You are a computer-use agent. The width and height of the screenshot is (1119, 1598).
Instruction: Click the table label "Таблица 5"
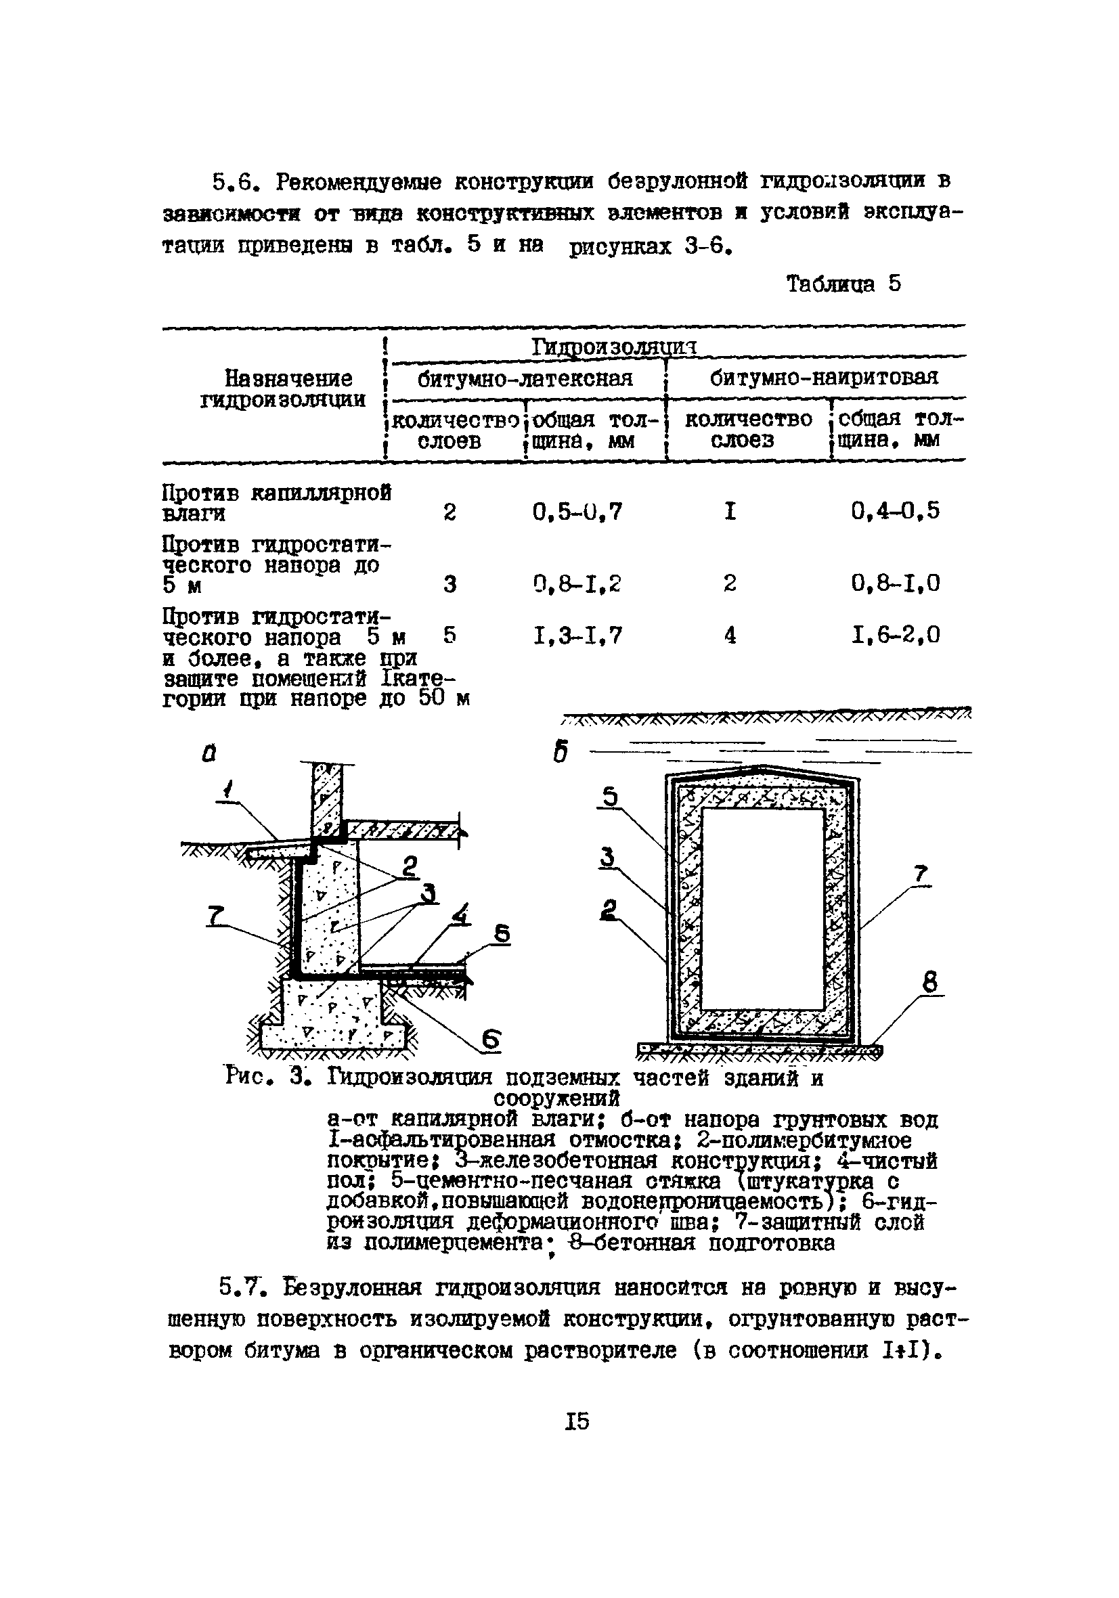[x=843, y=284]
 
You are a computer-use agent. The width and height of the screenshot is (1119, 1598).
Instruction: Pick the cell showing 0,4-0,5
[x=895, y=511]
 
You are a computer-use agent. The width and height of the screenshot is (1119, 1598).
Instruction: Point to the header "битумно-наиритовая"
[x=824, y=377]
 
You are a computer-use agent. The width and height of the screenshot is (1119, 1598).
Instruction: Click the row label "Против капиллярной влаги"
[x=276, y=503]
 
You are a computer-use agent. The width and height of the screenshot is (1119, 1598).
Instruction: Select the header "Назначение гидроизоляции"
[x=283, y=389]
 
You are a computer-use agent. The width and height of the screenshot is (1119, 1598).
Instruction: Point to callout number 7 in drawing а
[x=215, y=916]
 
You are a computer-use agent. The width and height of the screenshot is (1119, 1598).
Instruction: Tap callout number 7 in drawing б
[x=921, y=874]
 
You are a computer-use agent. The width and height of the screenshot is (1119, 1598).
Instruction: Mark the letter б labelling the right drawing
[x=561, y=753]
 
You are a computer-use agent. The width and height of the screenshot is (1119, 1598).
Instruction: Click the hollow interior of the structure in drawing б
[x=762, y=908]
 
